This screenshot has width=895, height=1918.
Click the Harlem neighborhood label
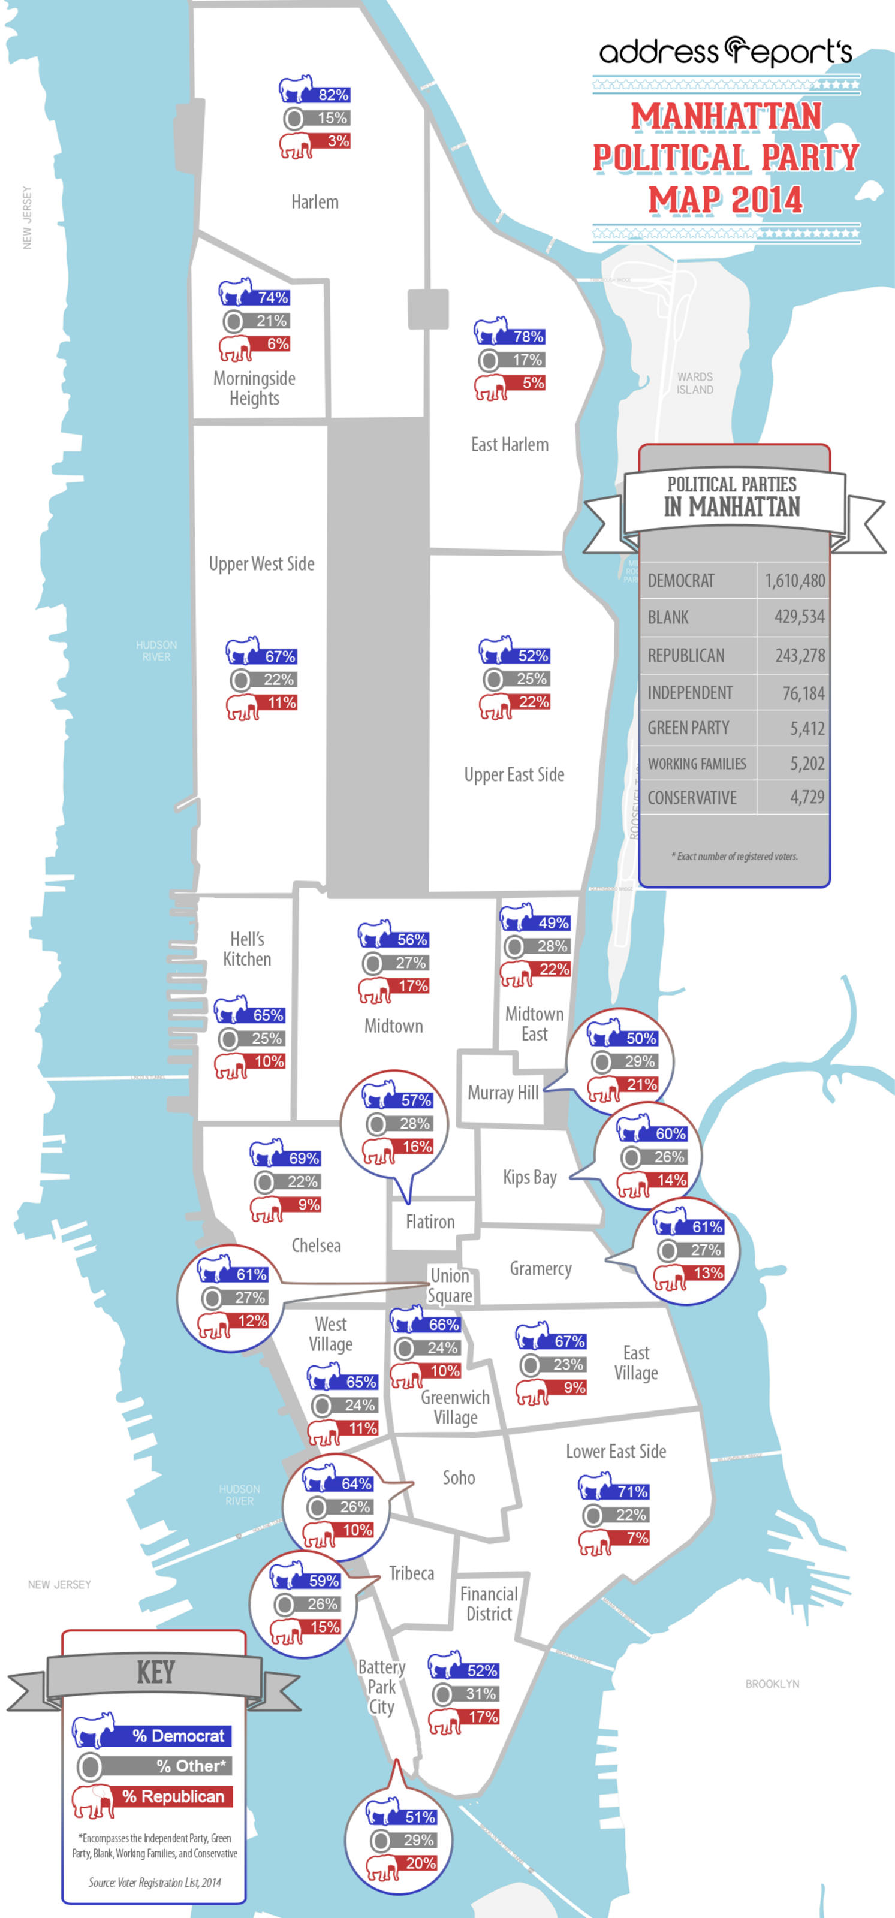coord(314,202)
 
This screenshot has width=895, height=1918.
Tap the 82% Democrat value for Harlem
coord(333,95)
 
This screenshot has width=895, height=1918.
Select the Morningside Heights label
coord(255,388)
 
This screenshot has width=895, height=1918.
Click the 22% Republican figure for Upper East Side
coord(533,702)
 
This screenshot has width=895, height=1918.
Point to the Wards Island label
coord(695,383)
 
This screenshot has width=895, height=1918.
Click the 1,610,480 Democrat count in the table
coord(794,581)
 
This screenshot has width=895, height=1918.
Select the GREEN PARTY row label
coord(688,728)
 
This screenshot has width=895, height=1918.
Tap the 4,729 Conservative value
coord(807,797)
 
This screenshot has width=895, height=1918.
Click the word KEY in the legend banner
coord(156,1672)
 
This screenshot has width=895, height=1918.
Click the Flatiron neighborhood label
coord(430,1222)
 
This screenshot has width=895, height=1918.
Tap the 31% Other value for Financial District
coord(480,1694)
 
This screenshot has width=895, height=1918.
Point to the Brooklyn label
coord(772,1684)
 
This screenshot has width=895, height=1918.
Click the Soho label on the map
coord(459,1477)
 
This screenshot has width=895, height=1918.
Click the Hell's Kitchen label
coord(247,949)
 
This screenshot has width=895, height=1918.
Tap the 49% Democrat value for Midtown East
coord(553,923)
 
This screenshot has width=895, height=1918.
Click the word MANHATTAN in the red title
coord(727,116)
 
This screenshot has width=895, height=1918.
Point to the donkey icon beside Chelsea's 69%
coord(265,1153)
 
